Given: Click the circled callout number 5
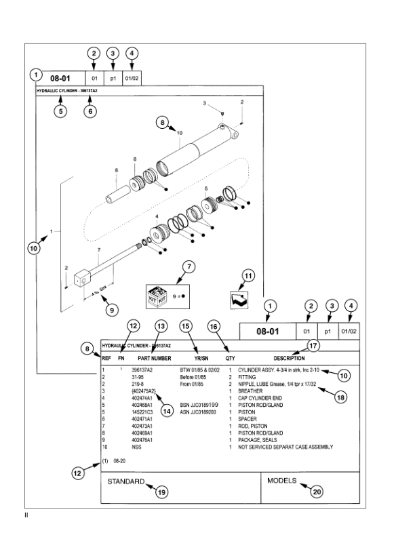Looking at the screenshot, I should click(61, 112).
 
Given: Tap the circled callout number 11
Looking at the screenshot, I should click(249, 275).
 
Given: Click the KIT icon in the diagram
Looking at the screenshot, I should click(157, 296).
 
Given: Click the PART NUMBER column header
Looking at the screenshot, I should click(154, 357).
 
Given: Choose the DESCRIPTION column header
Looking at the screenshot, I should click(289, 357).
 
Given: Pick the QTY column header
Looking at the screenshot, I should click(231, 357).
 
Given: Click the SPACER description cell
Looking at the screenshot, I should click(248, 418).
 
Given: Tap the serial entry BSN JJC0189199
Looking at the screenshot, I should click(199, 404).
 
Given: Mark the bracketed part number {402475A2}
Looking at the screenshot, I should click(144, 391).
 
